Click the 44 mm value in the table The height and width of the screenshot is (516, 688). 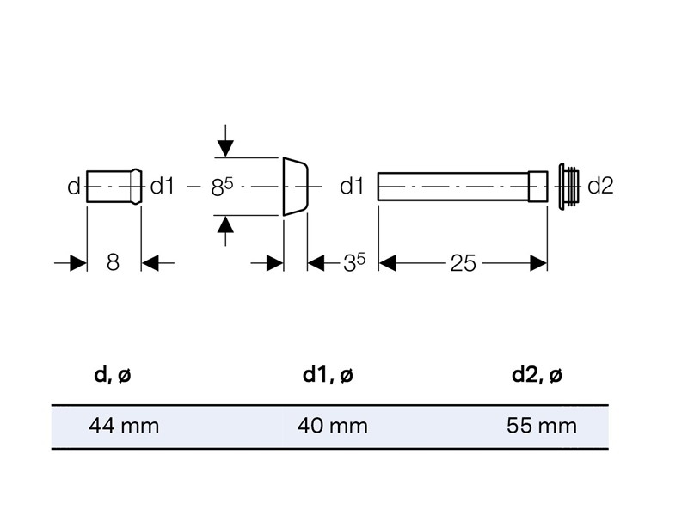pos(124,426)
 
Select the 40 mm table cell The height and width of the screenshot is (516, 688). pos(332,426)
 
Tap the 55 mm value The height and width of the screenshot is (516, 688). pos(542,426)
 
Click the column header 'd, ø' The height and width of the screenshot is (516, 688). pos(113,375)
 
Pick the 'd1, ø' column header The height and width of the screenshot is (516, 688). pos(328,375)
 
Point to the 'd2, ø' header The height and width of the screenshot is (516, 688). pos(537,375)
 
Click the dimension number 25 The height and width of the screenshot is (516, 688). pos(463,264)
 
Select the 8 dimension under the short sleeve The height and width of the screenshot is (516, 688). pos(113,262)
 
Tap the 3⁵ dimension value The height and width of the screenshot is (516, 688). pos(354,262)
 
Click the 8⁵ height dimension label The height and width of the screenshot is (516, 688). pos(222,187)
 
